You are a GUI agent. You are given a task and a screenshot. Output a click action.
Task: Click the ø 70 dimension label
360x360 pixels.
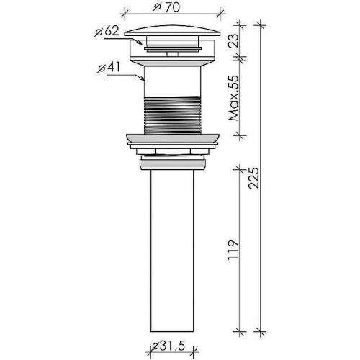pos(166,7)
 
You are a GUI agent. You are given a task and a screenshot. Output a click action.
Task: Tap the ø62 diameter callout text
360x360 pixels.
pos(107,31)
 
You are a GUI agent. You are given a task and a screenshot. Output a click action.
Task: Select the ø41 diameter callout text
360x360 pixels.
pos(109,68)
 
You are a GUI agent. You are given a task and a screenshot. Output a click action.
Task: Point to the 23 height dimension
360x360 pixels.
pos(235,40)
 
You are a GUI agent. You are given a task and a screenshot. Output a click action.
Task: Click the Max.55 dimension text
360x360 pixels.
pos(234,98)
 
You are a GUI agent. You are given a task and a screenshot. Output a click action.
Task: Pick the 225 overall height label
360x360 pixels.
pos(254,178)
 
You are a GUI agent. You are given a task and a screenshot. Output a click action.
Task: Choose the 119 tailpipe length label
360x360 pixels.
pos(233,250)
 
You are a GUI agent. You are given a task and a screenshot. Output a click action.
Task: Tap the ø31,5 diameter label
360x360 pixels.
pos(168,346)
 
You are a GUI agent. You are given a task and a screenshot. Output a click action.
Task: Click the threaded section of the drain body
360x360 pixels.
pos(172,115)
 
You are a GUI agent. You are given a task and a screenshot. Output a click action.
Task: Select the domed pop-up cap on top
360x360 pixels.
pos(172,30)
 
